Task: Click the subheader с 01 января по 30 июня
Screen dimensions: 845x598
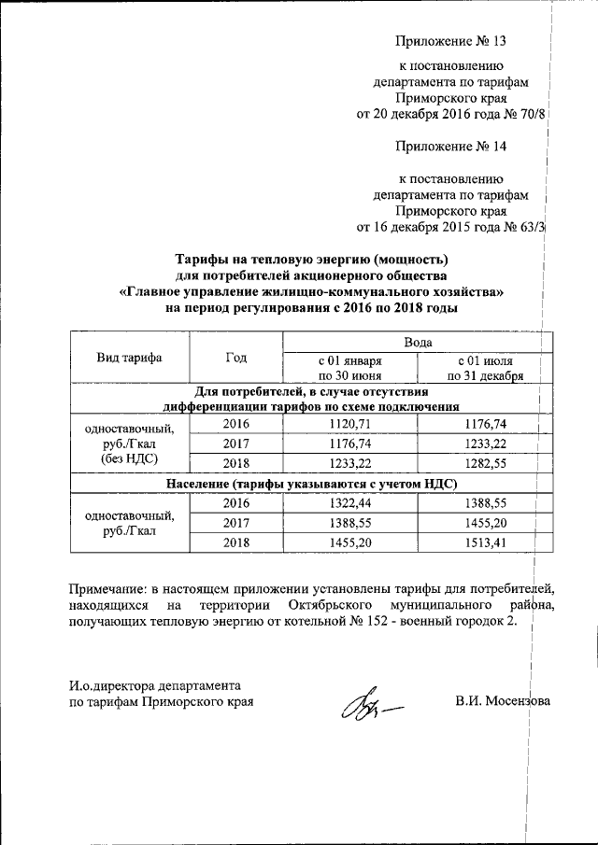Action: click(x=349, y=368)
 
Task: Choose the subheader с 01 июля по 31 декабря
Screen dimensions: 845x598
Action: click(x=484, y=368)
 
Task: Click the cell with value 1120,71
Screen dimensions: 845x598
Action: click(x=349, y=424)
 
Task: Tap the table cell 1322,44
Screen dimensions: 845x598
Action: click(x=349, y=503)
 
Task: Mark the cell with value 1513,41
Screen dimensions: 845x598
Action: click(x=484, y=542)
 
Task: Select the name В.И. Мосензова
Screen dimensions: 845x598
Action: click(x=504, y=700)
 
